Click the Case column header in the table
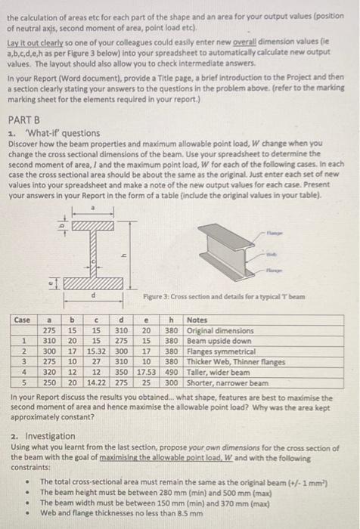(22, 321)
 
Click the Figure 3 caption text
(228, 296)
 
